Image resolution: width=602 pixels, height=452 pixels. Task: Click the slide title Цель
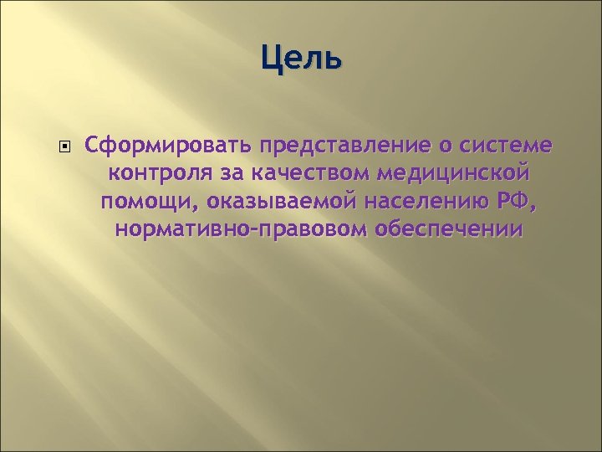pyautogui.click(x=301, y=59)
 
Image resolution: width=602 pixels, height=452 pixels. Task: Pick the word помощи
pyautogui.click(x=147, y=202)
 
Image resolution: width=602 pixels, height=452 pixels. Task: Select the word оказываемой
pyautogui.click(x=273, y=202)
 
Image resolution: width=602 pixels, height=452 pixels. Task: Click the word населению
pyautogui.click(x=418, y=202)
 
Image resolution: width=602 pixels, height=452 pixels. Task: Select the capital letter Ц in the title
pyautogui.click(x=271, y=59)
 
